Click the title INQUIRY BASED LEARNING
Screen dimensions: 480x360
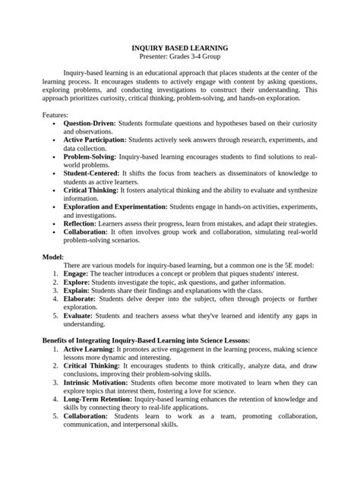(179, 47)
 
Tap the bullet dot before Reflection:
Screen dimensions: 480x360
(52, 225)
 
